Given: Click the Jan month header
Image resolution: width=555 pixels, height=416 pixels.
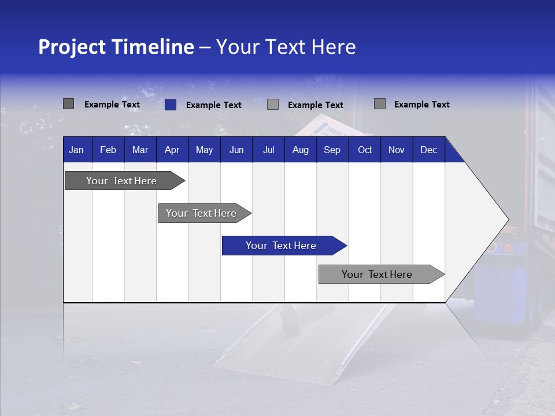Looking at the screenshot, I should pos(76,150).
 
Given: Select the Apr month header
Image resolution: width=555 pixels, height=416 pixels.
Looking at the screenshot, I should pos(172,150).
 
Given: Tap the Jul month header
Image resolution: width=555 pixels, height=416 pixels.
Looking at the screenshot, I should pos(268,150).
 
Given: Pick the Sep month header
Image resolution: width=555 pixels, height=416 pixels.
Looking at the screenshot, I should pos(332,150).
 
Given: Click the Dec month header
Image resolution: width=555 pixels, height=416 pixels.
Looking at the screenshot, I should pos(428,150).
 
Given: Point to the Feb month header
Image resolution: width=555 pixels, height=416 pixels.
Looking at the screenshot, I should pos(108,150).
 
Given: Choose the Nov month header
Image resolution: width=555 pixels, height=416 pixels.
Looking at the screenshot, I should pos(396,150).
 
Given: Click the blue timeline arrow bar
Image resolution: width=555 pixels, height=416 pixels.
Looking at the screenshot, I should pos(281,246).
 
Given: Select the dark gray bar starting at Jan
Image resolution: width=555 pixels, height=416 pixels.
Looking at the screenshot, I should pos(121,181).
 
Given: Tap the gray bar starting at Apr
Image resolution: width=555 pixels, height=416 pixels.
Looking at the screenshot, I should pos(201,213).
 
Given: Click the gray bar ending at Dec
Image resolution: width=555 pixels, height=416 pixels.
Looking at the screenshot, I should pos(377,274).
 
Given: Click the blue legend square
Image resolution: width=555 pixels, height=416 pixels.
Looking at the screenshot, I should pos(171,105).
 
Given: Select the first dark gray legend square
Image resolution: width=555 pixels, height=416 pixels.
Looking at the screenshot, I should pos(69,104).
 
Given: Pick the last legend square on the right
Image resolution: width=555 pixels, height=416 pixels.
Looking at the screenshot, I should pos(380,104).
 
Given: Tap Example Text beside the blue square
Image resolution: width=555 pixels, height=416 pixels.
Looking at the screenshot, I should pos(213,105).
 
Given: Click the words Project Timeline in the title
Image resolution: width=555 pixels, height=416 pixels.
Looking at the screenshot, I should pos(116,47).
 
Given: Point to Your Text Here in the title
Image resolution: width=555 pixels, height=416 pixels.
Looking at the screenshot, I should pos(286,47).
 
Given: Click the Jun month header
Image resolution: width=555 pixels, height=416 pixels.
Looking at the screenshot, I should pos(236,150).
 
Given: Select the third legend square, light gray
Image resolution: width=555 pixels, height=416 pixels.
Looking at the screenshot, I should pos(273,105).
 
